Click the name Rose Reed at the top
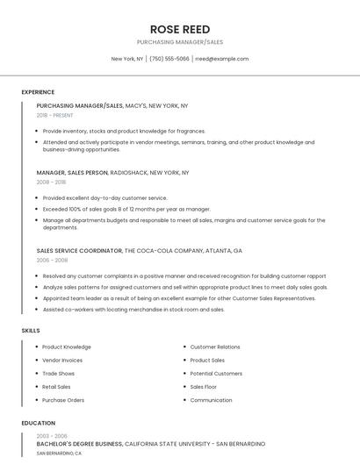point(179,29)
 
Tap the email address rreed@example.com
point(221,59)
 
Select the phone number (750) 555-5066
point(169,59)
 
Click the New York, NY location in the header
point(127,59)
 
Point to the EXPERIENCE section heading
point(38,92)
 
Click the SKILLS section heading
point(31,330)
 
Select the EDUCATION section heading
point(38,423)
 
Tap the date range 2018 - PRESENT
point(55,115)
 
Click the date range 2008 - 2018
point(51,182)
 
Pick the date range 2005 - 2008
point(51,260)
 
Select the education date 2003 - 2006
point(51,435)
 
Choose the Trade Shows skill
point(58,373)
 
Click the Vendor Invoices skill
point(62,360)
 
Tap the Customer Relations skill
point(215,347)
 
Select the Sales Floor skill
point(203,386)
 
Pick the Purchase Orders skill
point(63,400)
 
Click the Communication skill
point(211,400)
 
